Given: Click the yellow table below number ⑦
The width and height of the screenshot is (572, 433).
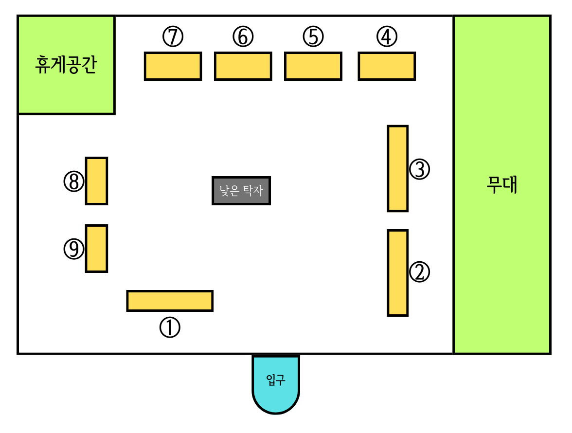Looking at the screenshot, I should tap(173, 66).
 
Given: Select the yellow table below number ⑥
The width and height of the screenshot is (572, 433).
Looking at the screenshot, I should tap(243, 66).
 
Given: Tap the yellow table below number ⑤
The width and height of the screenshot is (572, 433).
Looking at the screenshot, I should tap(313, 66).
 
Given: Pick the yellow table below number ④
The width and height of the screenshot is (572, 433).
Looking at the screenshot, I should tap(387, 66).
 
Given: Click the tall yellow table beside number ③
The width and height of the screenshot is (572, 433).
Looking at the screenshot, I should tap(397, 168).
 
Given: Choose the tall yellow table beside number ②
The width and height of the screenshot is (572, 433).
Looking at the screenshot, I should tap(397, 272).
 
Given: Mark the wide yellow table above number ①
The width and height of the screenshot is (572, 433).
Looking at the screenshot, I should tap(170, 300).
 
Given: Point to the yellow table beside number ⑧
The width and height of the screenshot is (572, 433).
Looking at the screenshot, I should tap(96, 180).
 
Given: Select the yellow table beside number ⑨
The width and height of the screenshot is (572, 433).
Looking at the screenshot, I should tap(96, 248).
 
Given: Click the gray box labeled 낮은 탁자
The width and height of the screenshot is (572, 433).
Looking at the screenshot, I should tap(241, 190).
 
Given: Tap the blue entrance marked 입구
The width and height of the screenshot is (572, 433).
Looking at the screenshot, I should tap(275, 381).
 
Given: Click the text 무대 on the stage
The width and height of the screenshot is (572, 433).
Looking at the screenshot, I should tap(502, 185).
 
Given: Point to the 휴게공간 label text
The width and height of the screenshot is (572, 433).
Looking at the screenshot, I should tap(66, 64).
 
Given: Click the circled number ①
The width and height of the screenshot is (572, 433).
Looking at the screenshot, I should tap(170, 328).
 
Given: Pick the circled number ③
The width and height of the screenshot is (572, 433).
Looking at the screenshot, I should tap(419, 170).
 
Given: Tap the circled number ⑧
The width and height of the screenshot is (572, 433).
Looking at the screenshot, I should tap(73, 181).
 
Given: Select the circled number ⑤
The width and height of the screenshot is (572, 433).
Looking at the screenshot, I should tap(313, 37).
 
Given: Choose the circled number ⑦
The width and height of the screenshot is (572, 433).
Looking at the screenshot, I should tap(173, 37).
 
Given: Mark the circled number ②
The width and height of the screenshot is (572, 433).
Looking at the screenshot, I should tap(419, 272).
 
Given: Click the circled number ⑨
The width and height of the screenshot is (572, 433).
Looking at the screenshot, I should tap(73, 249).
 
